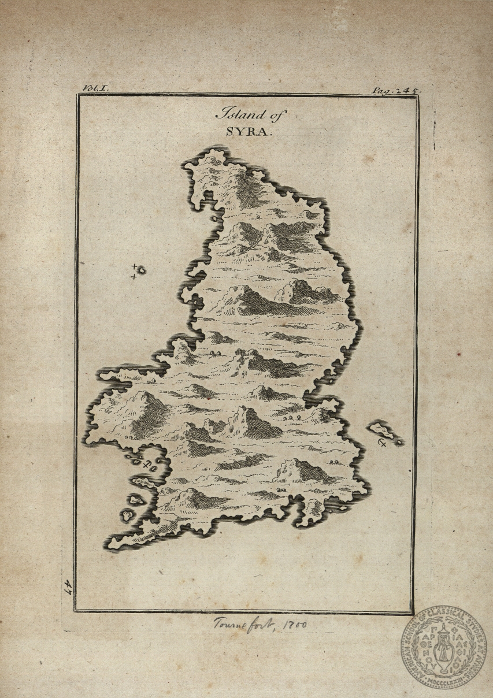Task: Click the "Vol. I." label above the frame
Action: [95, 88]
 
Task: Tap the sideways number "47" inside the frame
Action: [68, 587]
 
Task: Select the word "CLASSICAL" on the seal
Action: [453, 614]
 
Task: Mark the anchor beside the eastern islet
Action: [382, 443]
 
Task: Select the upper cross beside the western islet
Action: [134, 267]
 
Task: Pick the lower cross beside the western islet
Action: [134, 277]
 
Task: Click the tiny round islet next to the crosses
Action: [141, 270]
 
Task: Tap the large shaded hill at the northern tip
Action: [246, 188]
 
